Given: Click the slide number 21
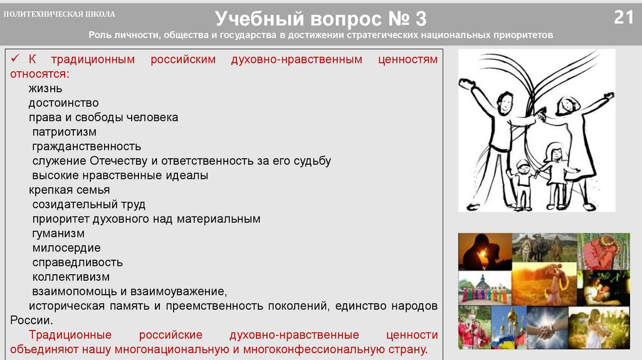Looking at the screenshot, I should (623, 17).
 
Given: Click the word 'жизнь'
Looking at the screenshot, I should (45, 88).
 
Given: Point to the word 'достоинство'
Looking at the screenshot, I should (63, 103).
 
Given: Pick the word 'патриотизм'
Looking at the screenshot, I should (65, 132).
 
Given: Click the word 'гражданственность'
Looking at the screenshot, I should (87, 146).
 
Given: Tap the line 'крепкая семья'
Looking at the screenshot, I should (69, 190).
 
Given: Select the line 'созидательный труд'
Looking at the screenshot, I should (89, 204).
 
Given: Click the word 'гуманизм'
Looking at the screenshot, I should (58, 233).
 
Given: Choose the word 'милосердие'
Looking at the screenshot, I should (66, 248).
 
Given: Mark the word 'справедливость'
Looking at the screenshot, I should (77, 262).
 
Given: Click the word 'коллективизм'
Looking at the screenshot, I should (71, 277).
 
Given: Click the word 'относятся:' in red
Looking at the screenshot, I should (39, 74).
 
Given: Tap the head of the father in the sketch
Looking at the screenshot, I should (504, 100).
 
